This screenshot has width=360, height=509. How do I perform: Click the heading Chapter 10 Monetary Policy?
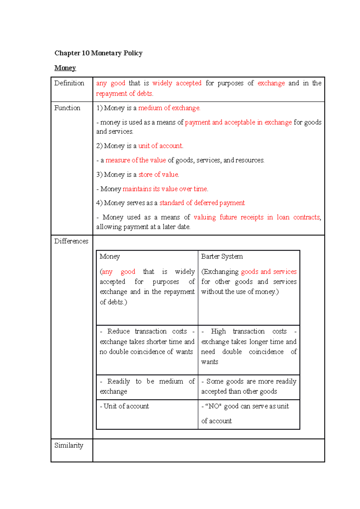(x=98, y=53)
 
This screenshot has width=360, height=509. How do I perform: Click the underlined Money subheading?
(x=65, y=68)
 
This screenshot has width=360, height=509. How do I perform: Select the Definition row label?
(x=69, y=83)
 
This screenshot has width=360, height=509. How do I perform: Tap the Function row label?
(x=67, y=108)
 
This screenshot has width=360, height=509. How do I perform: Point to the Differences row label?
(x=71, y=241)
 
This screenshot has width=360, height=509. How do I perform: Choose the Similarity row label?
(x=69, y=445)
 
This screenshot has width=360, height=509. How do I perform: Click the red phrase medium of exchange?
(x=169, y=108)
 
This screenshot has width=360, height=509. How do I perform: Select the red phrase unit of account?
(x=160, y=146)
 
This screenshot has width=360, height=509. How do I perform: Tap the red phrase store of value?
(x=158, y=174)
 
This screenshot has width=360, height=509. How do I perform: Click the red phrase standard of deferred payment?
(x=202, y=203)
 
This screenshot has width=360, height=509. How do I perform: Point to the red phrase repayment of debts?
(x=124, y=94)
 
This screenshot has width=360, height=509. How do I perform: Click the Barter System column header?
(x=222, y=256)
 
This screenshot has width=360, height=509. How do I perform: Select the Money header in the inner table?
(x=110, y=256)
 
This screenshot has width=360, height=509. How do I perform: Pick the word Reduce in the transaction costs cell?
(x=118, y=331)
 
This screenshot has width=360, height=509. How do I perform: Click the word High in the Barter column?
(x=218, y=331)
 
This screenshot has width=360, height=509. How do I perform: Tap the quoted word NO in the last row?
(x=214, y=406)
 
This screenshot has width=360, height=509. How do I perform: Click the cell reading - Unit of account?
(x=124, y=406)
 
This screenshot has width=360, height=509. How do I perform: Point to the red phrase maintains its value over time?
(x=165, y=189)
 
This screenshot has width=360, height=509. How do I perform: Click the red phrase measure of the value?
(x=136, y=160)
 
